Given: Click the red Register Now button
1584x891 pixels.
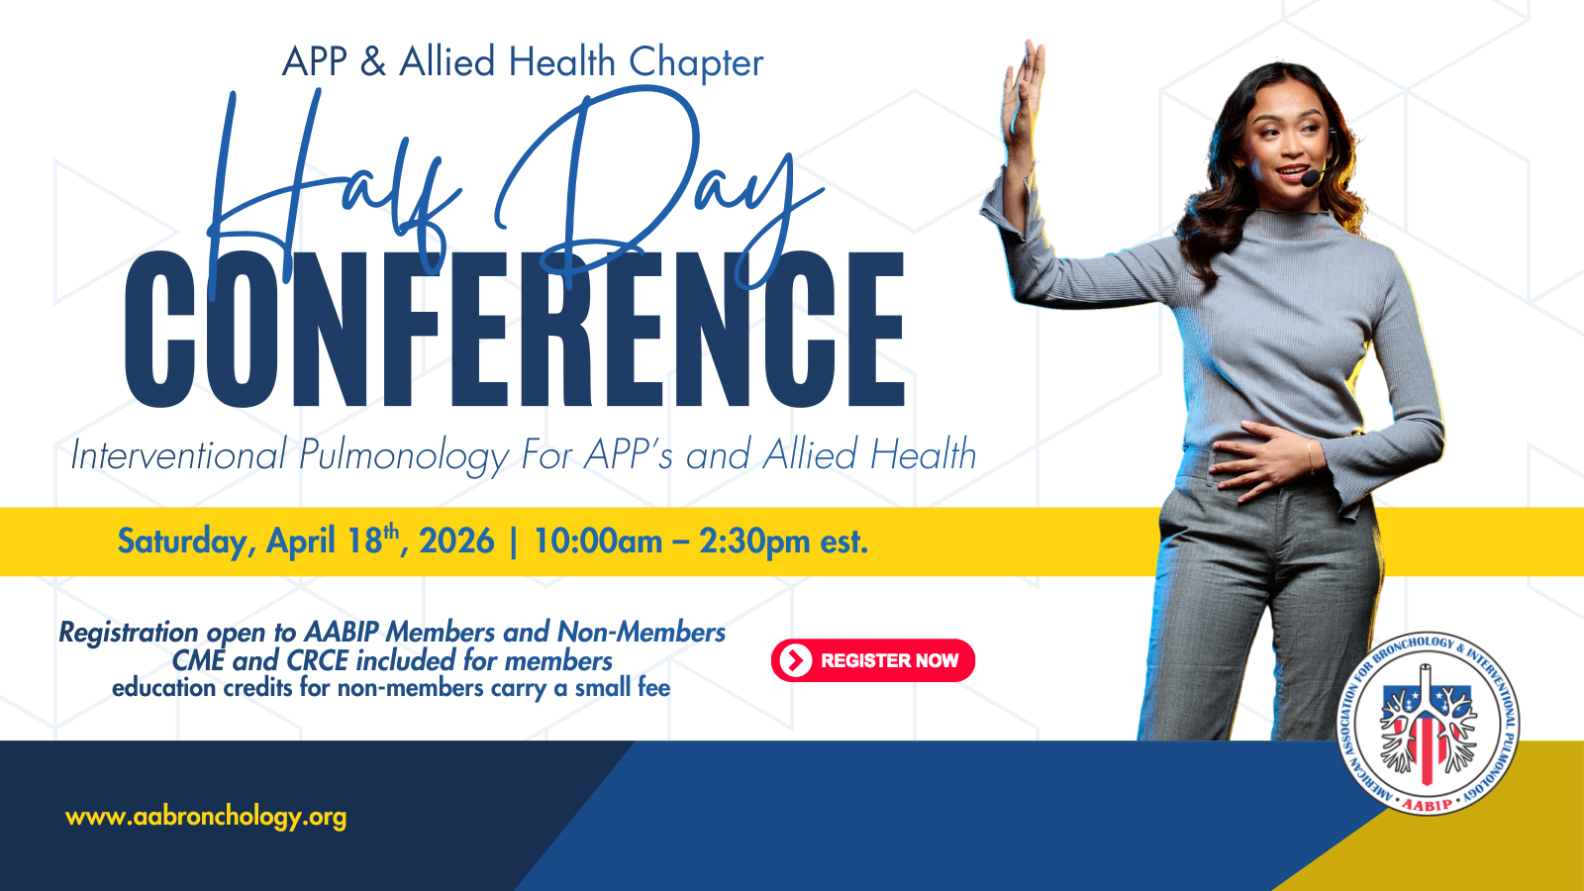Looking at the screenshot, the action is (x=872, y=660).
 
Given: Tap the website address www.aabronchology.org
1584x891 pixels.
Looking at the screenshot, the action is (x=206, y=817).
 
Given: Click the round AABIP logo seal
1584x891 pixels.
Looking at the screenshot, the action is (x=1428, y=724).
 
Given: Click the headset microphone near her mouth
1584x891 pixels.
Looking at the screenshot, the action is (x=1311, y=178).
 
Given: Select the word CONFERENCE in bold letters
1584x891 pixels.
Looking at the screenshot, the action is (x=515, y=330).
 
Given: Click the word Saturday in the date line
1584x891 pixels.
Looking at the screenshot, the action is (x=182, y=543).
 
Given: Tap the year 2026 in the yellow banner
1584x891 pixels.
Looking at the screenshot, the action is (x=456, y=542).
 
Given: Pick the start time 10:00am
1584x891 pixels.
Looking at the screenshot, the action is (x=598, y=542).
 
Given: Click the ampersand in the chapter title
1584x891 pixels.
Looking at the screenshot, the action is (x=372, y=61).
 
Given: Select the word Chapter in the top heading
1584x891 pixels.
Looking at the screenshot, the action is (x=696, y=62).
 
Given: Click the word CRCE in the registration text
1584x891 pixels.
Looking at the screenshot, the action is (x=317, y=661).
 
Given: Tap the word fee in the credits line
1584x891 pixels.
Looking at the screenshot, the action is (x=653, y=688).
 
